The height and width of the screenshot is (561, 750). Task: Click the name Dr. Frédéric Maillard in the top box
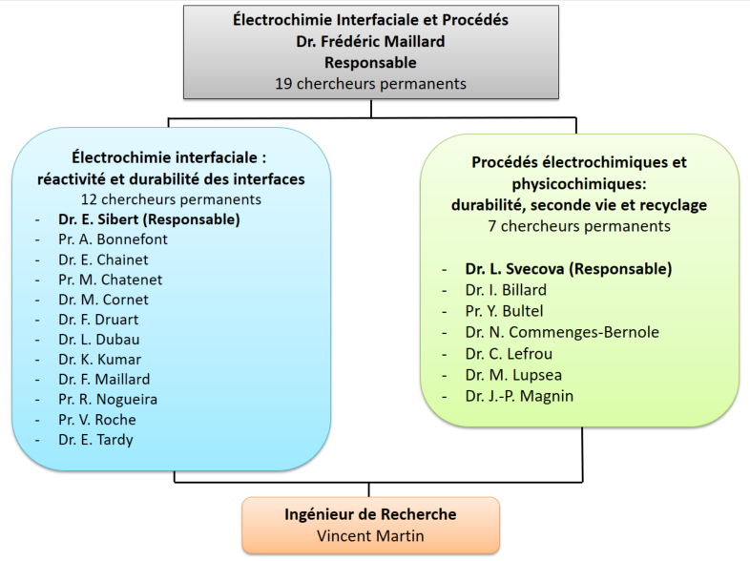(371, 41)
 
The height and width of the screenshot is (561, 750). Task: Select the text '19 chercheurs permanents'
(371, 83)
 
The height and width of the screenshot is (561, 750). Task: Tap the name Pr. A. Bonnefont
(113, 239)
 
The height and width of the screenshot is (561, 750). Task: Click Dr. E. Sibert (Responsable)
(148, 218)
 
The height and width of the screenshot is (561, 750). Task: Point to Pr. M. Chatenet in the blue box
(110, 280)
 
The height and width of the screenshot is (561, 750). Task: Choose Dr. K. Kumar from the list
(99, 360)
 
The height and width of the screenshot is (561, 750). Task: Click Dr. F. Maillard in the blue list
(103, 380)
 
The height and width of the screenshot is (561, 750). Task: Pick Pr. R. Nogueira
(107, 400)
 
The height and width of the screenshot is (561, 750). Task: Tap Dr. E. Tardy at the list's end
(95, 440)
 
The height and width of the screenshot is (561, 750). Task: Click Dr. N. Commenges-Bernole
(562, 332)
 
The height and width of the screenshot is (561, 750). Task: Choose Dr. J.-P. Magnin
(519, 396)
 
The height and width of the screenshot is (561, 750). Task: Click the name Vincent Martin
(370, 535)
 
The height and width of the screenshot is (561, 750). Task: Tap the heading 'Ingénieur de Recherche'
(370, 514)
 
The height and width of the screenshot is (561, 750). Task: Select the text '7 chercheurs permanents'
(579, 226)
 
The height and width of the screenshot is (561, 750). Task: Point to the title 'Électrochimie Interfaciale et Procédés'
(371, 20)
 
